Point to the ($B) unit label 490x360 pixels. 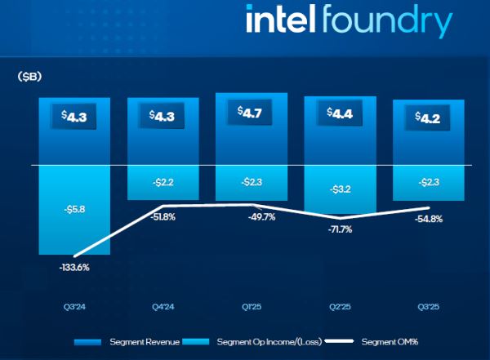(x=29, y=77)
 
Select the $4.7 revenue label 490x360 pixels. (x=251, y=113)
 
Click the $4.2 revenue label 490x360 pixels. (x=428, y=116)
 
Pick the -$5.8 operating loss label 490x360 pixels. (x=73, y=209)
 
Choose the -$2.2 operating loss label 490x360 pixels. (x=163, y=182)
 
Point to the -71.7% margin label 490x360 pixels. (x=340, y=229)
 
